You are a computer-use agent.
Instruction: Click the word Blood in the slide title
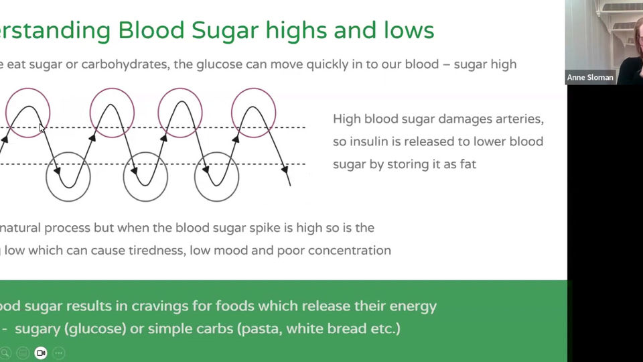(150, 29)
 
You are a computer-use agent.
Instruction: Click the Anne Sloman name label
(590, 78)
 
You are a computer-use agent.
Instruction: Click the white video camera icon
(41, 353)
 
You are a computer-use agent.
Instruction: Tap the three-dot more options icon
(58, 353)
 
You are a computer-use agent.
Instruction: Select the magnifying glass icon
(5, 353)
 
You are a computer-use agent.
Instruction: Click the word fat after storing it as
(467, 164)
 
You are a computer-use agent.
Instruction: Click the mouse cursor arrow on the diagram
(42, 127)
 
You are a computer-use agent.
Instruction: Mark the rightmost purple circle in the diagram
(253, 113)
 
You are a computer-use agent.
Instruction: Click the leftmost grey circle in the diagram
(68, 177)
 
